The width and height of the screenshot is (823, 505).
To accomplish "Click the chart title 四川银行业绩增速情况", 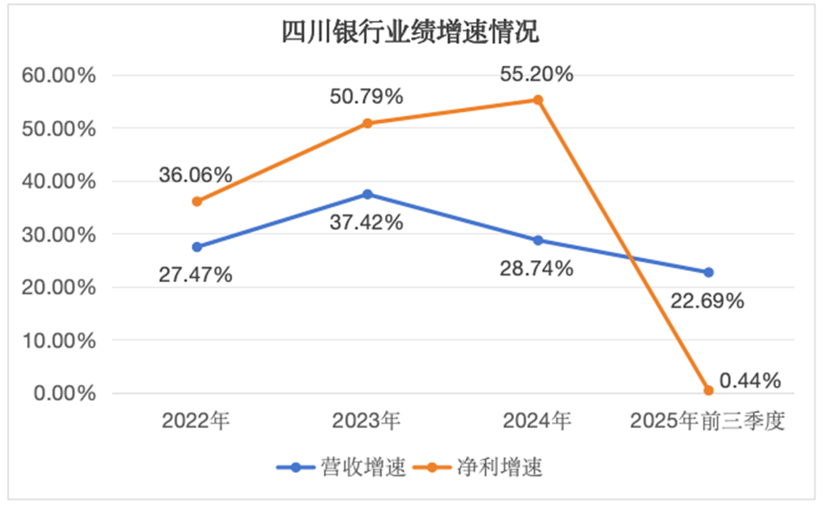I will pyautogui.click(x=410, y=32).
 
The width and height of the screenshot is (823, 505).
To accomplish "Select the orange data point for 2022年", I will pyautogui.click(x=197, y=202).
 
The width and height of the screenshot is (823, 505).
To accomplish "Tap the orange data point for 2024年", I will pyautogui.click(x=538, y=100).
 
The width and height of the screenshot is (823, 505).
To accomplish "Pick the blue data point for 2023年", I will pyautogui.click(x=367, y=194).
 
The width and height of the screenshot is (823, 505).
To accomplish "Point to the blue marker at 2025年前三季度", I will pyautogui.click(x=708, y=272).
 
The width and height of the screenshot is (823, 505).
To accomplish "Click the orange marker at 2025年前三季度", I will pyautogui.click(x=708, y=390).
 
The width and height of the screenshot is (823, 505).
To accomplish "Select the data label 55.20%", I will pyautogui.click(x=536, y=74).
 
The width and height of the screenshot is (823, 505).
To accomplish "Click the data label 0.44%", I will pyautogui.click(x=750, y=381).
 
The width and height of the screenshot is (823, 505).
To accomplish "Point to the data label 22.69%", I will pyautogui.click(x=707, y=301).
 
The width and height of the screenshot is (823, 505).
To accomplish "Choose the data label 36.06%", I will pyautogui.click(x=195, y=176).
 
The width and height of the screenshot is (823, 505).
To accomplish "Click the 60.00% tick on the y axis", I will pyautogui.click(x=59, y=76).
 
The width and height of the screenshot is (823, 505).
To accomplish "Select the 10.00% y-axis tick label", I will pyautogui.click(x=59, y=341).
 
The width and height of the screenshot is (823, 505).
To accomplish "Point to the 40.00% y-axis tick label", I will pyautogui.click(x=59, y=182).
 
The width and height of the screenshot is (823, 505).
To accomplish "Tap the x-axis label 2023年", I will pyautogui.click(x=366, y=421).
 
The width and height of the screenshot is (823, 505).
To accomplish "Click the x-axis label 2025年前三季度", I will pyautogui.click(x=707, y=421).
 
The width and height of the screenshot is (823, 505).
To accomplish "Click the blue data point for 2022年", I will pyautogui.click(x=197, y=247).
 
